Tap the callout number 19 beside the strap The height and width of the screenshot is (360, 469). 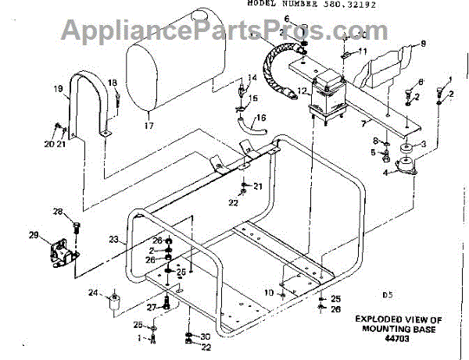point(58,90)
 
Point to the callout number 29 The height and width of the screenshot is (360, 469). point(34,235)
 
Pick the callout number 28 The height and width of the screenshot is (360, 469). point(57,212)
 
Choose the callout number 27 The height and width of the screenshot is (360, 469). point(153,306)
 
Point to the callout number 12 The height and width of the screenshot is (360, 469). point(302,91)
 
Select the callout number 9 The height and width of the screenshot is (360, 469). point(424,43)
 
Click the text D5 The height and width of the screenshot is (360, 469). point(385,295)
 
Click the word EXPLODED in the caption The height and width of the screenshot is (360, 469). point(380,319)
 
